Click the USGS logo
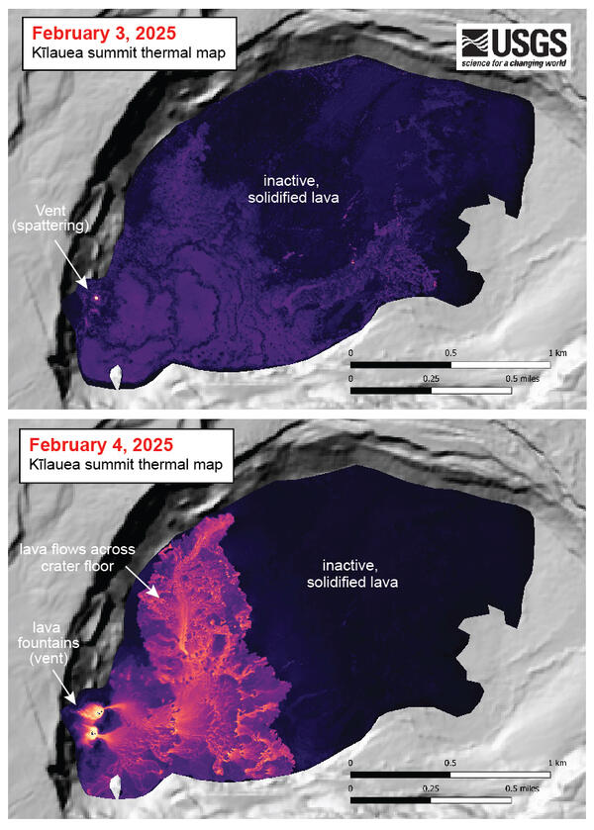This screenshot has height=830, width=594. [x=513, y=47]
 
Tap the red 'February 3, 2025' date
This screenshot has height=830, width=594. [x=96, y=34]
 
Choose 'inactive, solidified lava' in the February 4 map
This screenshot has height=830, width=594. [x=359, y=574]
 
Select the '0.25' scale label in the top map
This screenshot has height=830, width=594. [x=430, y=377]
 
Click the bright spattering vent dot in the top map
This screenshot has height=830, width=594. [x=96, y=295]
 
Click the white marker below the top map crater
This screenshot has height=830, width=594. [x=116, y=378]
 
